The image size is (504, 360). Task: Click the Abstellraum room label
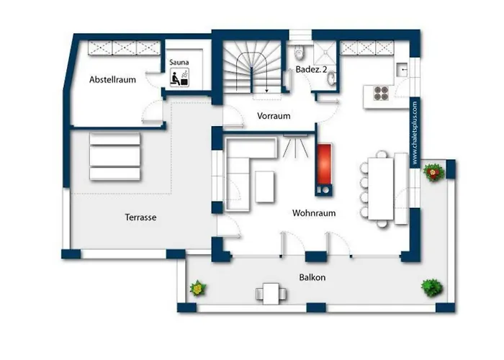[112, 79]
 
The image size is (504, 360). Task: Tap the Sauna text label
[179, 62]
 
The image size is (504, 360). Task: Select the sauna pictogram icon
[179, 77]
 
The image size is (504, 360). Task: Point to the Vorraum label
[274, 116]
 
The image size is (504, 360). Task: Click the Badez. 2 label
[311, 69]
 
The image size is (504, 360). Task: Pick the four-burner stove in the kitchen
[381, 93]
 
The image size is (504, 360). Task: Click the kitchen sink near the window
[402, 69]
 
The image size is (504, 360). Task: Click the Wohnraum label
[314, 213]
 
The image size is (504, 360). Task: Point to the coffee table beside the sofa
[265, 186]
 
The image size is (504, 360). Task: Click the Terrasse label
[140, 217]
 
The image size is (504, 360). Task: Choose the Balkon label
[312, 277]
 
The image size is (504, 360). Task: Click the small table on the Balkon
[271, 294]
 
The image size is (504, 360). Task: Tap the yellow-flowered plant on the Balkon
[197, 288]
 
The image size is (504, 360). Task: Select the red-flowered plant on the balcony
[433, 172]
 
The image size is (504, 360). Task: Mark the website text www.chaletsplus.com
[415, 132]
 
